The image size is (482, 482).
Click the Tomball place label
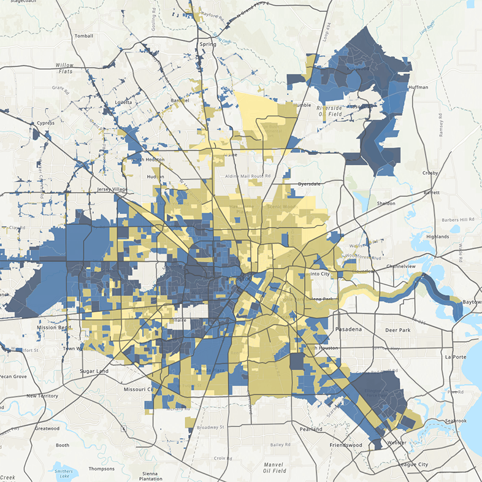tap(83, 36)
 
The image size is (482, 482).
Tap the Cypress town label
tap(45, 123)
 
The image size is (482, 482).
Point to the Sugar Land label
tap(94, 371)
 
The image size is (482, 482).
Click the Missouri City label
tap(138, 389)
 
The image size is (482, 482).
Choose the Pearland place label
tap(311, 429)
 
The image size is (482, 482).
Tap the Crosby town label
tap(430, 173)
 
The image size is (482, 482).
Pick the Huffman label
tap(418, 88)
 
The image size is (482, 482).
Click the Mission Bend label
tap(55, 327)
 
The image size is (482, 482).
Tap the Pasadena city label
tap(349, 329)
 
